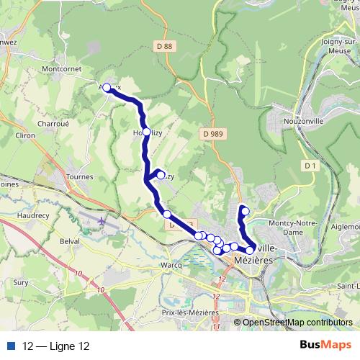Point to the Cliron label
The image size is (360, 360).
click(24, 135)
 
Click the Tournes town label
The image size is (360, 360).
click(79, 176)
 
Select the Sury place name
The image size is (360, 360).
click(20, 283)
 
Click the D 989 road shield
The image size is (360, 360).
click(212, 134)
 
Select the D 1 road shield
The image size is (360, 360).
click(311, 166)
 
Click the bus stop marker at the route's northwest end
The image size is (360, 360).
click(107, 88)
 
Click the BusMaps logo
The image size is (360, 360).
click(325, 346)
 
